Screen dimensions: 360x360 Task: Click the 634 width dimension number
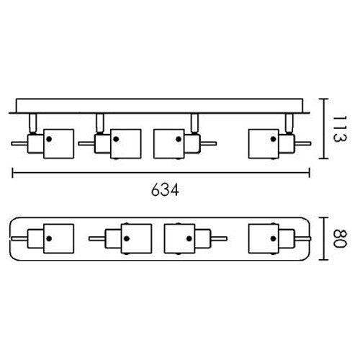tap(165, 190)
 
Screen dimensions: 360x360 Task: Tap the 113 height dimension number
tap(340, 129)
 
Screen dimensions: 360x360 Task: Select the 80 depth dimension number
tap(340, 238)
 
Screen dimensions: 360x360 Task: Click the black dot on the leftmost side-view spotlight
tap(49, 139)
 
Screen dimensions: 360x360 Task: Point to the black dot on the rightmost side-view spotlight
tap(273, 139)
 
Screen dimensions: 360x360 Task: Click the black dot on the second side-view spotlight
tap(116, 139)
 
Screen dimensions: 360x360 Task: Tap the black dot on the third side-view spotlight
tap(179, 139)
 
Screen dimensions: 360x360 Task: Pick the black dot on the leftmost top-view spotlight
tap(49, 238)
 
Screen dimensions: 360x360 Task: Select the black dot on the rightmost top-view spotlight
tap(273, 238)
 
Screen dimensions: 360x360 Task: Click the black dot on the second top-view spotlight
tap(127, 238)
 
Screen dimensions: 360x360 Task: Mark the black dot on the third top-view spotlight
tap(189, 238)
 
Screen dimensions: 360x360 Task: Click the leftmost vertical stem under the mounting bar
tap(33, 122)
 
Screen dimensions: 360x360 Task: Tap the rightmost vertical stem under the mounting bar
tap(289, 122)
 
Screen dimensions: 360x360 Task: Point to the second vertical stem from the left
tap(100, 122)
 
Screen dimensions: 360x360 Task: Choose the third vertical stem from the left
tap(194, 122)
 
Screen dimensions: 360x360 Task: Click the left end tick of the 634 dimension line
tap(12, 173)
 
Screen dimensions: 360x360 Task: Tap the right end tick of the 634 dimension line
tap(310, 173)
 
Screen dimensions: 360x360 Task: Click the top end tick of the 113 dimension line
tap(324, 99)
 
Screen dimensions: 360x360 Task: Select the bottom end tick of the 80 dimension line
tap(324, 260)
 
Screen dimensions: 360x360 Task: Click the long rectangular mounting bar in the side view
tap(159, 106)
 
